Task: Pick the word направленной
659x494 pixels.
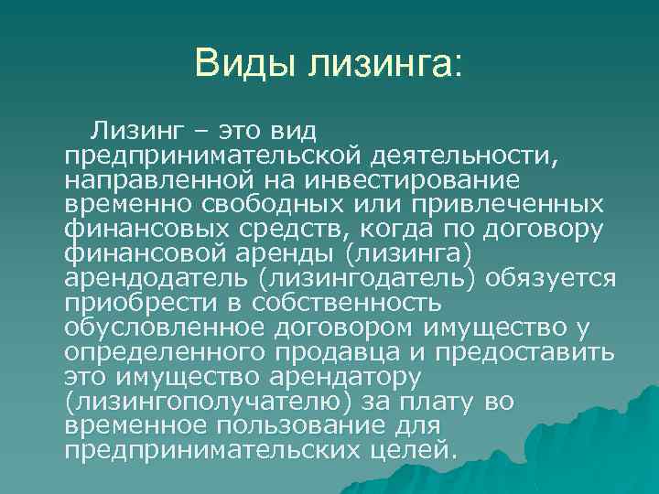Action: click(x=149, y=181)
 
